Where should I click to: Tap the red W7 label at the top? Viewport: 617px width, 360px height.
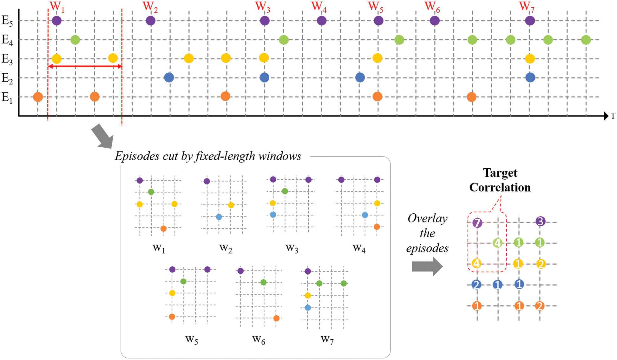pos(527,7)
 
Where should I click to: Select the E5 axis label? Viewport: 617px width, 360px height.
pos(7,21)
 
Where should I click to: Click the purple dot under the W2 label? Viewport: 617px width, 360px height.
pos(151,21)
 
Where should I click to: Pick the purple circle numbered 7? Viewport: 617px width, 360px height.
pos(477,223)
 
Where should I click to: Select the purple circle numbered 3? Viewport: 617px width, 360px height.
pos(540,221)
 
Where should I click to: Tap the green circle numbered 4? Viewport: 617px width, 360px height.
pos(497,243)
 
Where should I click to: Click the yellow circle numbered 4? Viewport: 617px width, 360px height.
pos(476,263)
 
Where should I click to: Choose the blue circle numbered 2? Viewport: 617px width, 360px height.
pos(476,284)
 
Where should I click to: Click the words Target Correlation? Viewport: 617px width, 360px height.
pos(500,180)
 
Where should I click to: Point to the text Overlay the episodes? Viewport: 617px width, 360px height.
pos(427,233)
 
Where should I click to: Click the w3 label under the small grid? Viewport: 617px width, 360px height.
pos(292,248)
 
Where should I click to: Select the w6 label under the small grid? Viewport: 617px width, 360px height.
pos(259,340)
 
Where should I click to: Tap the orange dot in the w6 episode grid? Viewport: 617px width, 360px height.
pos(276,318)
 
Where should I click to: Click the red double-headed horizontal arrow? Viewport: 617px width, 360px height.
pos(85,66)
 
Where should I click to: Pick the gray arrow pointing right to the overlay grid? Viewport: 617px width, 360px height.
pos(427,266)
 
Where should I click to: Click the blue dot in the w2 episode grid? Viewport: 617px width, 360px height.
pos(219,217)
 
